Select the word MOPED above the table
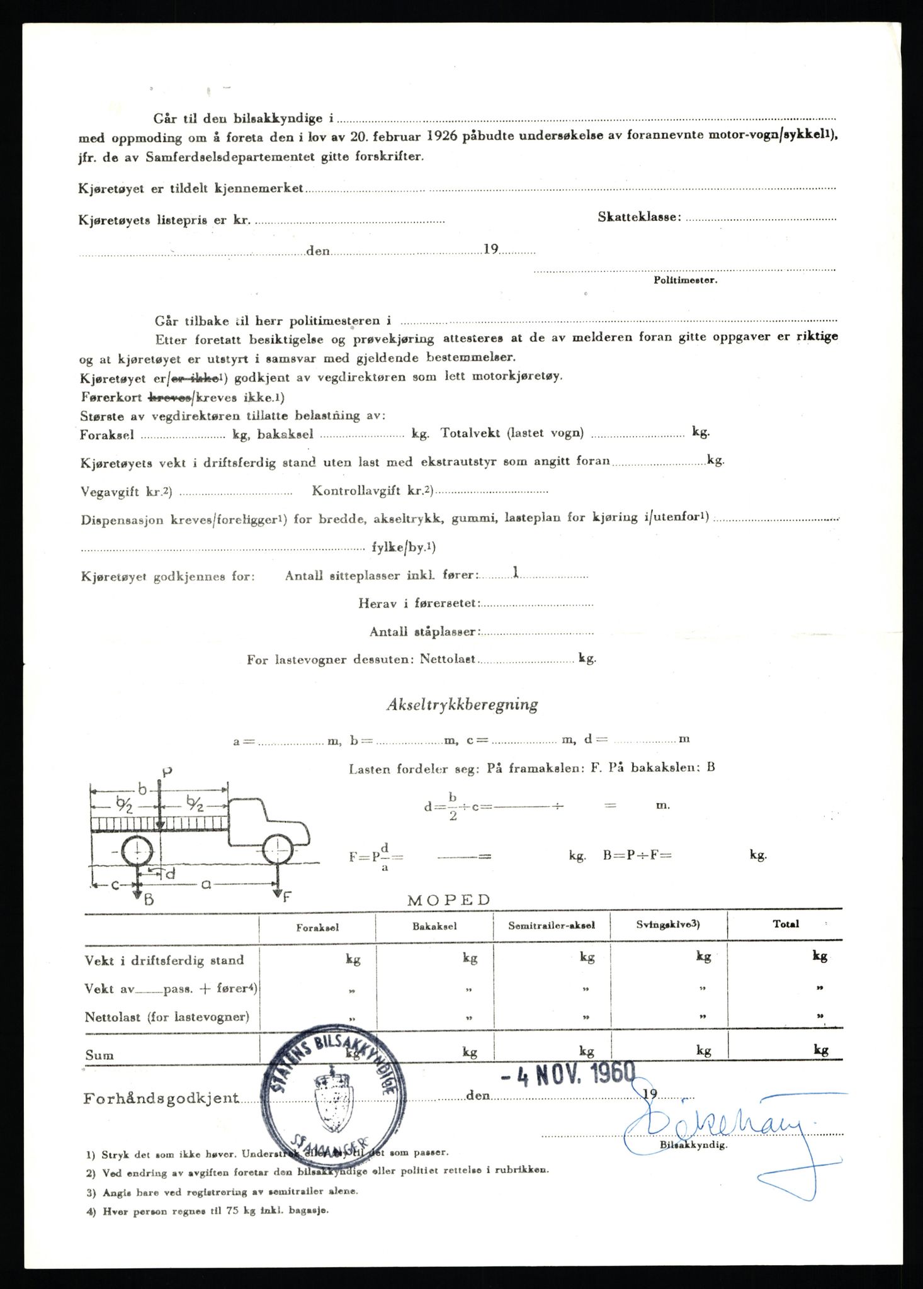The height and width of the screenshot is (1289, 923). [x=449, y=900]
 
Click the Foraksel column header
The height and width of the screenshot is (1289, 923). [x=317, y=928]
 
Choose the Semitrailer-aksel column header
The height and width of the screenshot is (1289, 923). [x=552, y=926]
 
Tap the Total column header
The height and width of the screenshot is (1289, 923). [x=786, y=924]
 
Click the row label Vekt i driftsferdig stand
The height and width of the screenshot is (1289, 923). [x=164, y=960]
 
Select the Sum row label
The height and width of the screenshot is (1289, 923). [x=99, y=1055]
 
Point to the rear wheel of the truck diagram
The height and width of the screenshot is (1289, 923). [x=137, y=852]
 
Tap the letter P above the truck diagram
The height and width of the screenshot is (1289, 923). [x=167, y=772]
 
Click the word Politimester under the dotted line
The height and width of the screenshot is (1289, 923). [x=685, y=280]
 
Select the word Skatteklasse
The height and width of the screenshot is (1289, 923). [x=639, y=217]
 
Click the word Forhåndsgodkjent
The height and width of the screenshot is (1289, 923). [x=161, y=1098]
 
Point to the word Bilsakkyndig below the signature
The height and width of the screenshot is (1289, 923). [x=694, y=1145]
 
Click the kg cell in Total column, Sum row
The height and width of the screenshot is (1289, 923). [x=820, y=1050]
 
